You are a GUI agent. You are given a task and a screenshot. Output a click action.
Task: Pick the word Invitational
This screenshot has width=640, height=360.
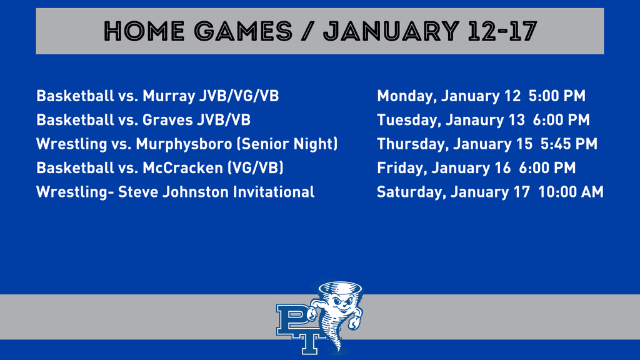(273, 192)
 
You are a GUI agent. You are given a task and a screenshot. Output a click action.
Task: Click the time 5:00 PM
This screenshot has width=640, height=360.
(557, 96)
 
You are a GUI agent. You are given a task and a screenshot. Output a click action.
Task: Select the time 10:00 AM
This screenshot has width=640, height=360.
(572, 192)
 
